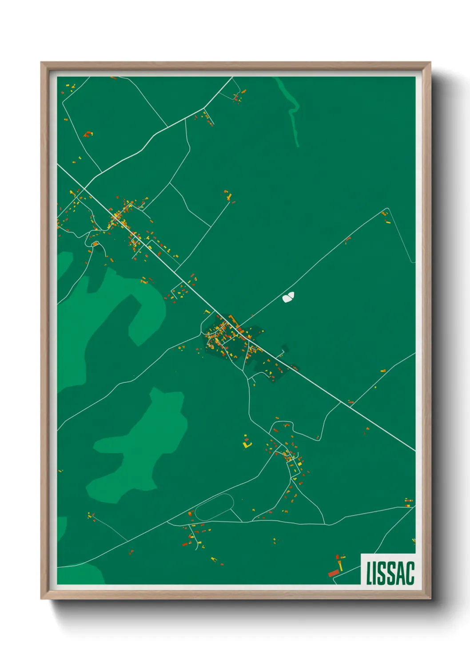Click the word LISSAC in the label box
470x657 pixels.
[390, 573]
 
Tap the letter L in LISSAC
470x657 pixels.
[369, 573]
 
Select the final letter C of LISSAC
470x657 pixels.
[410, 573]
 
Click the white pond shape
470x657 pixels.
[288, 297]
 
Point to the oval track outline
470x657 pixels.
[214, 507]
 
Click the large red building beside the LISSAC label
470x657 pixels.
[333, 573]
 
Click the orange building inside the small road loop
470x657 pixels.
[95, 244]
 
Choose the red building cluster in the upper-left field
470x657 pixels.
[88, 134]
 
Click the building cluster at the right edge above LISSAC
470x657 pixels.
[409, 502]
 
